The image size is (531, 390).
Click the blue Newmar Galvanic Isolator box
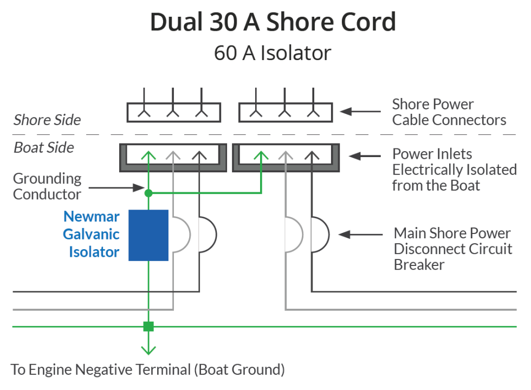point(148,235)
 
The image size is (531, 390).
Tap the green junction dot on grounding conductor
point(148,192)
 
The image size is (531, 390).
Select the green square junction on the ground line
point(148,327)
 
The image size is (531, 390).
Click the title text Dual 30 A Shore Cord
point(273,22)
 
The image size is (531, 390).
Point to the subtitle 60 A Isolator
point(272,53)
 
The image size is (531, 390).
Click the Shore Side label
point(47,120)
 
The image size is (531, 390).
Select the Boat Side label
point(44,147)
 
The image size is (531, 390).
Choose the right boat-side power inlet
point(286,157)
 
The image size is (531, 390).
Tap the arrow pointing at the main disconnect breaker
point(361,235)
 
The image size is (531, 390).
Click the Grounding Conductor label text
point(47,186)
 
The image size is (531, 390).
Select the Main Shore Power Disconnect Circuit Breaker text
point(452,249)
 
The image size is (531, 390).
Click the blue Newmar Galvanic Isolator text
point(92,235)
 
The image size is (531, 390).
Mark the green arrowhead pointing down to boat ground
point(148,349)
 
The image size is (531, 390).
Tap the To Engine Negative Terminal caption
point(147,370)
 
